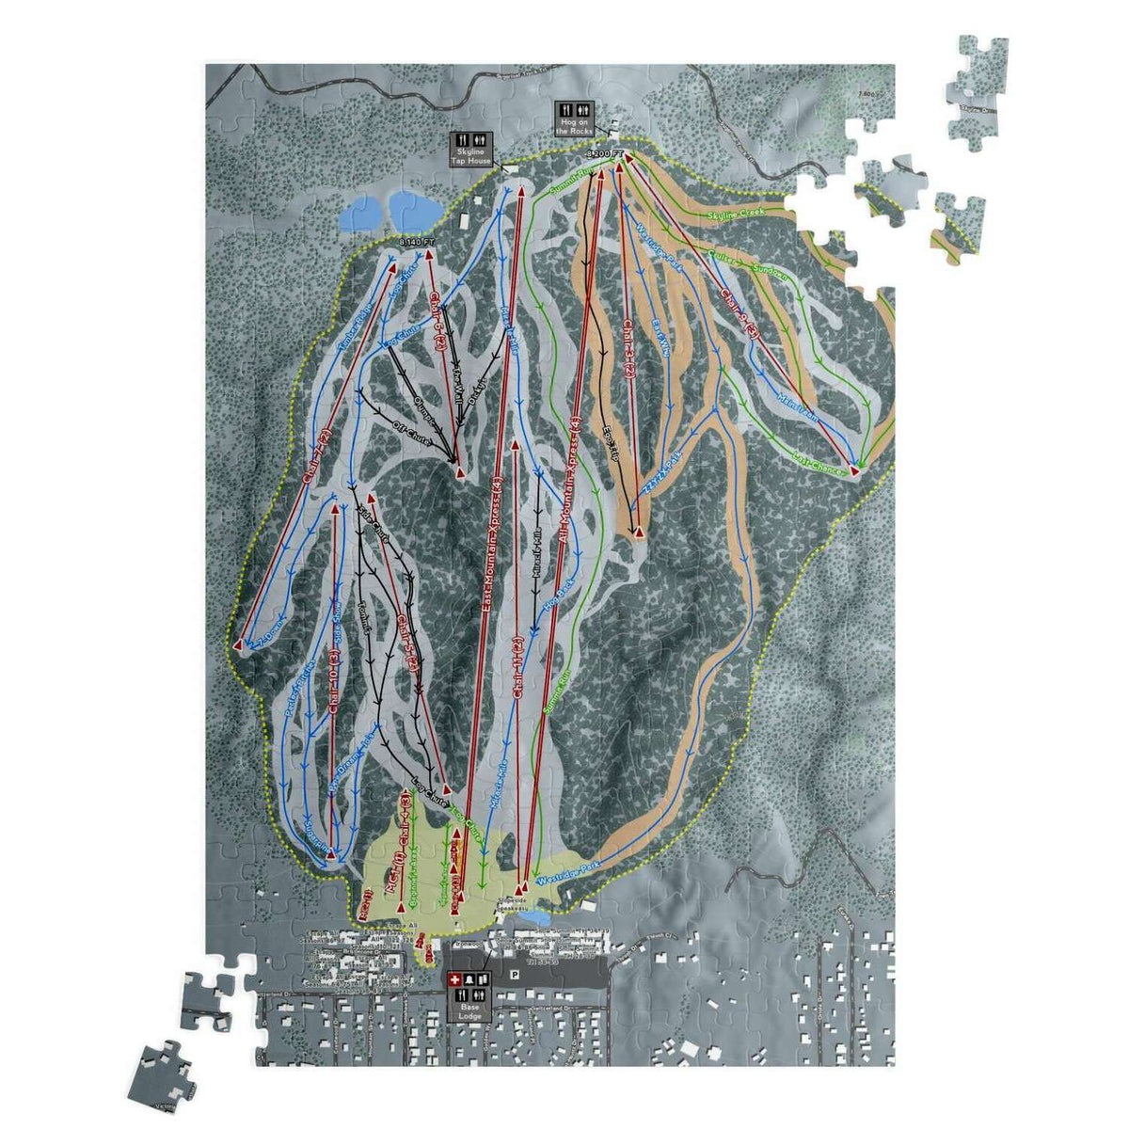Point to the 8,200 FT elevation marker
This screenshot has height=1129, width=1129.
tap(604, 152)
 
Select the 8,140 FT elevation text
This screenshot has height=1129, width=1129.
tap(418, 242)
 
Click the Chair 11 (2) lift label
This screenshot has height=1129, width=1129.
tap(517, 670)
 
